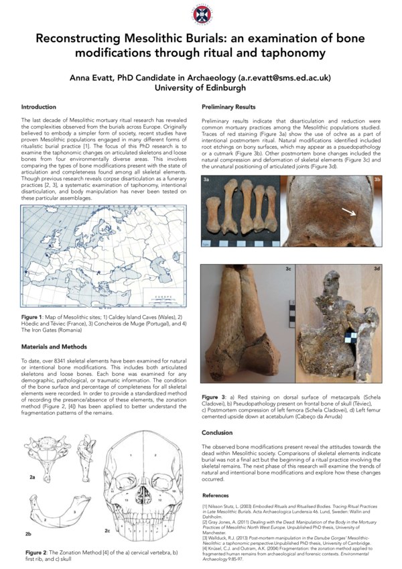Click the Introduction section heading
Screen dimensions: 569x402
click(x=39, y=107)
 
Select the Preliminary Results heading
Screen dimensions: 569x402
click(x=228, y=107)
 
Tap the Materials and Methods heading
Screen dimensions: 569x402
click(x=54, y=346)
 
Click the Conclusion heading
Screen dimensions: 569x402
click(x=217, y=414)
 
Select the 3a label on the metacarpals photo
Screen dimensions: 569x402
click(x=207, y=180)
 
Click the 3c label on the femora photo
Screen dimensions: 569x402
click(x=287, y=269)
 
